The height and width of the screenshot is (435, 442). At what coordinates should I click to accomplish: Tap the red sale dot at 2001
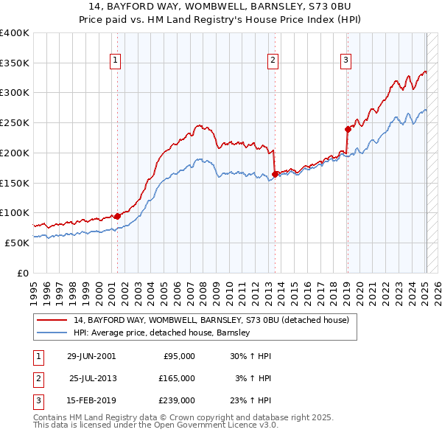[x=117, y=216]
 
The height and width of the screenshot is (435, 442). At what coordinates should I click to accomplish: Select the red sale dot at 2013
[x=275, y=174]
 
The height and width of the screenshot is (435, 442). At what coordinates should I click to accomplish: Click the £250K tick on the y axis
[x=15, y=123]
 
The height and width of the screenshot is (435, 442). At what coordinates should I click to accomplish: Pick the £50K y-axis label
[x=17, y=243]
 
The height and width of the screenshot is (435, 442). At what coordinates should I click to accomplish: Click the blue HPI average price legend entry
[x=162, y=333]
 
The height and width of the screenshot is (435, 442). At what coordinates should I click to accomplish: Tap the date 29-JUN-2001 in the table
[x=91, y=355]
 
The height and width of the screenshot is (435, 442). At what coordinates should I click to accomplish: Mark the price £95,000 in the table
[x=179, y=355]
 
